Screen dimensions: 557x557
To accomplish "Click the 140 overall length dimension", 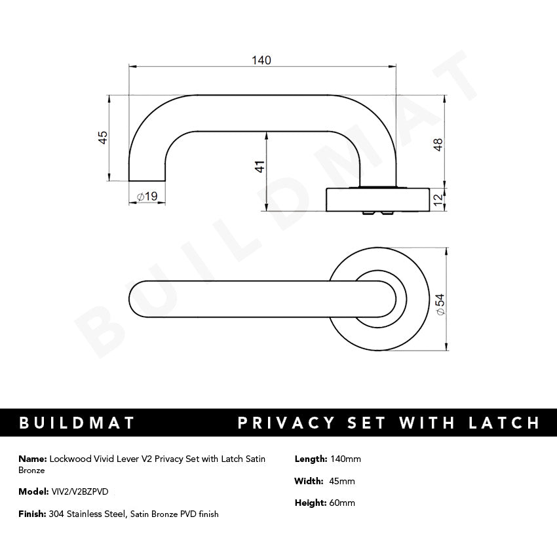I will click(x=261, y=60).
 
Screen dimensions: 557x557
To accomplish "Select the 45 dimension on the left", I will click(x=102, y=138).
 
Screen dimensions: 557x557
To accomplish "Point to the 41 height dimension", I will click(x=259, y=166).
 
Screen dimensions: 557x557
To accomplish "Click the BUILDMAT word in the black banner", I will click(x=77, y=423).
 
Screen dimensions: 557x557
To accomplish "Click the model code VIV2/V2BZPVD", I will click(x=80, y=491).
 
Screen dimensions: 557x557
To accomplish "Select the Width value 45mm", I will click(x=342, y=481).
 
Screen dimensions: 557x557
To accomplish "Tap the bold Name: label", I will click(x=32, y=459).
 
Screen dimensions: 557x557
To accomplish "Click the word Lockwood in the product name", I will click(x=69, y=459).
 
